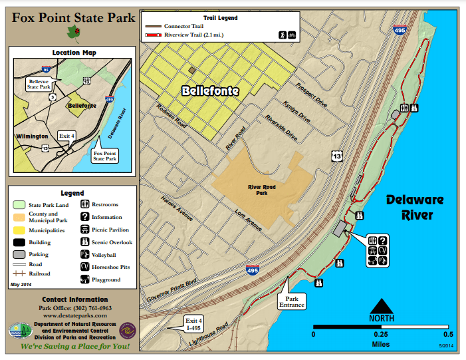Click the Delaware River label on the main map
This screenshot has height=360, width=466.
(413, 207)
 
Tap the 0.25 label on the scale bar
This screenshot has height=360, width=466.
(381, 335)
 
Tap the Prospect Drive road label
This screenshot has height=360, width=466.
(311, 95)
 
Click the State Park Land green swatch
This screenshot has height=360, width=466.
(21, 204)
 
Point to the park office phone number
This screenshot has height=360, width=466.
(74, 308)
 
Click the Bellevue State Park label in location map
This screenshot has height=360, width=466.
(39, 84)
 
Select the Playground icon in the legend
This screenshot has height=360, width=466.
(86, 280)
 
